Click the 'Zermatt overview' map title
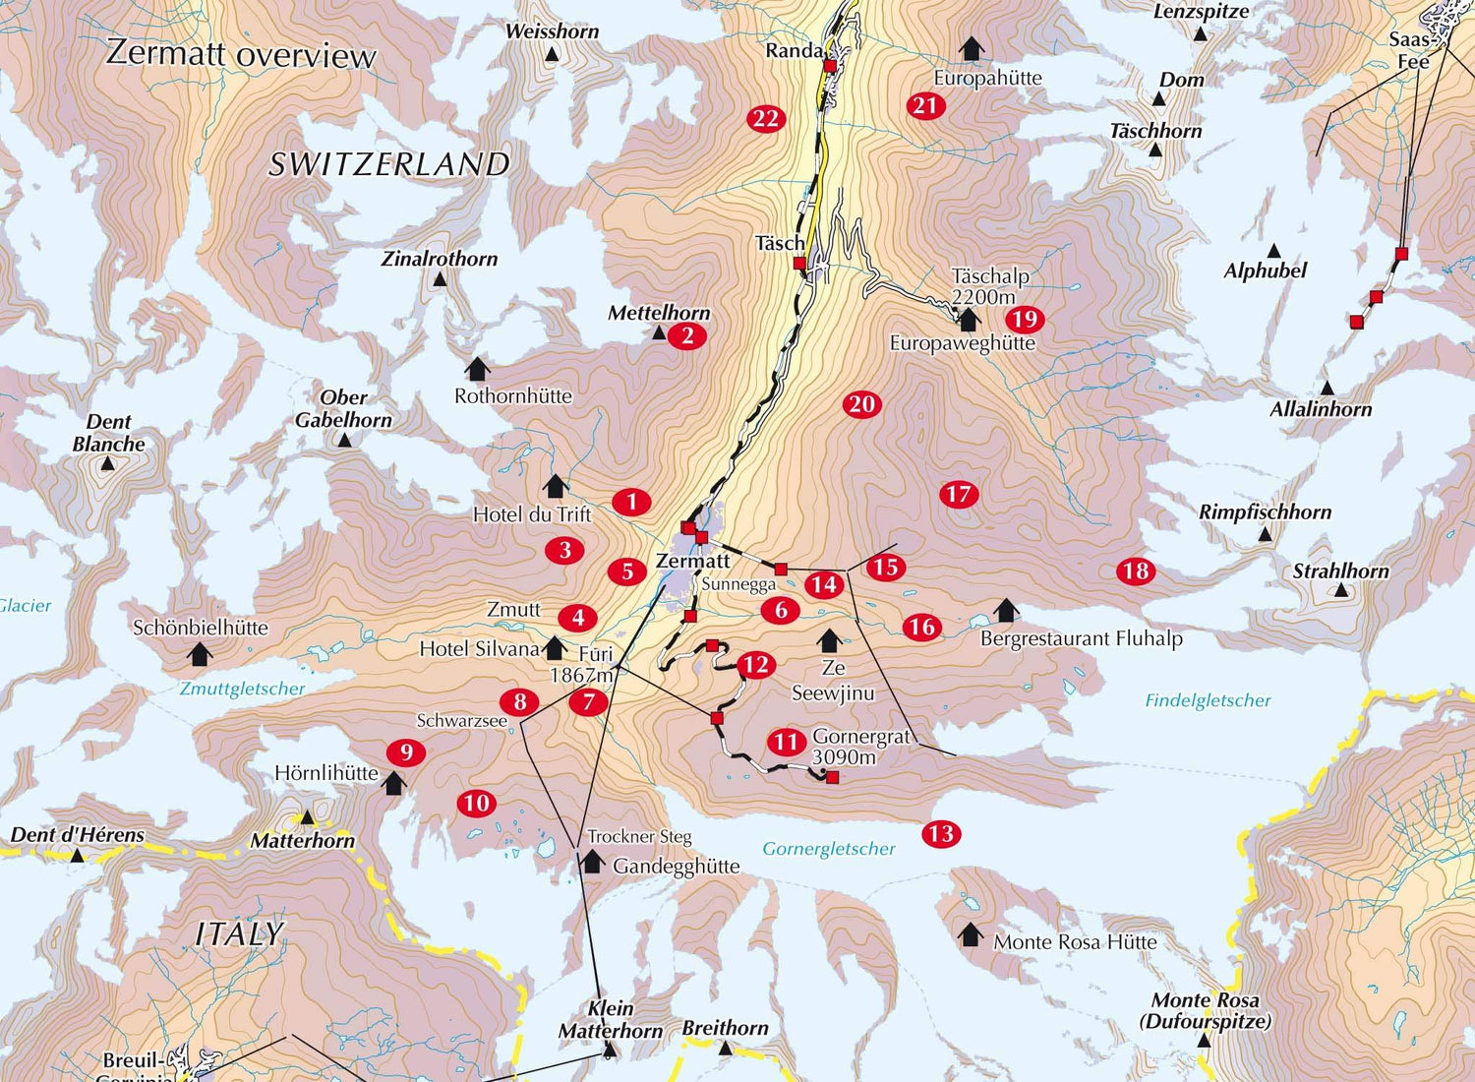tap(241, 53)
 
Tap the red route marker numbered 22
tap(765, 119)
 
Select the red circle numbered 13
tap(940, 834)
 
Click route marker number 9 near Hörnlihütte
tap(405, 753)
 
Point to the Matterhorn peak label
tap(302, 841)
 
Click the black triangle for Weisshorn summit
tap(552, 55)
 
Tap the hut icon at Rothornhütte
tap(478, 370)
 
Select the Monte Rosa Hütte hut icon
tap(971, 934)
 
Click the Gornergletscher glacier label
tap(829, 849)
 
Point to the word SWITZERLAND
tap(389, 164)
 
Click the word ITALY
tap(240, 933)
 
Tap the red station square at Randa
tap(830, 66)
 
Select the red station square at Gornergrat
tap(832, 778)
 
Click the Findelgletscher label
tap(1208, 700)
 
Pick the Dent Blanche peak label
tap(108, 433)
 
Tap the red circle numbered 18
tap(1136, 571)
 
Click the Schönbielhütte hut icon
tap(201, 653)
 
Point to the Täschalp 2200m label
tap(990, 286)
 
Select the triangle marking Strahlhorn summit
tap(1339, 591)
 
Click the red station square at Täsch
tap(799, 264)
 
